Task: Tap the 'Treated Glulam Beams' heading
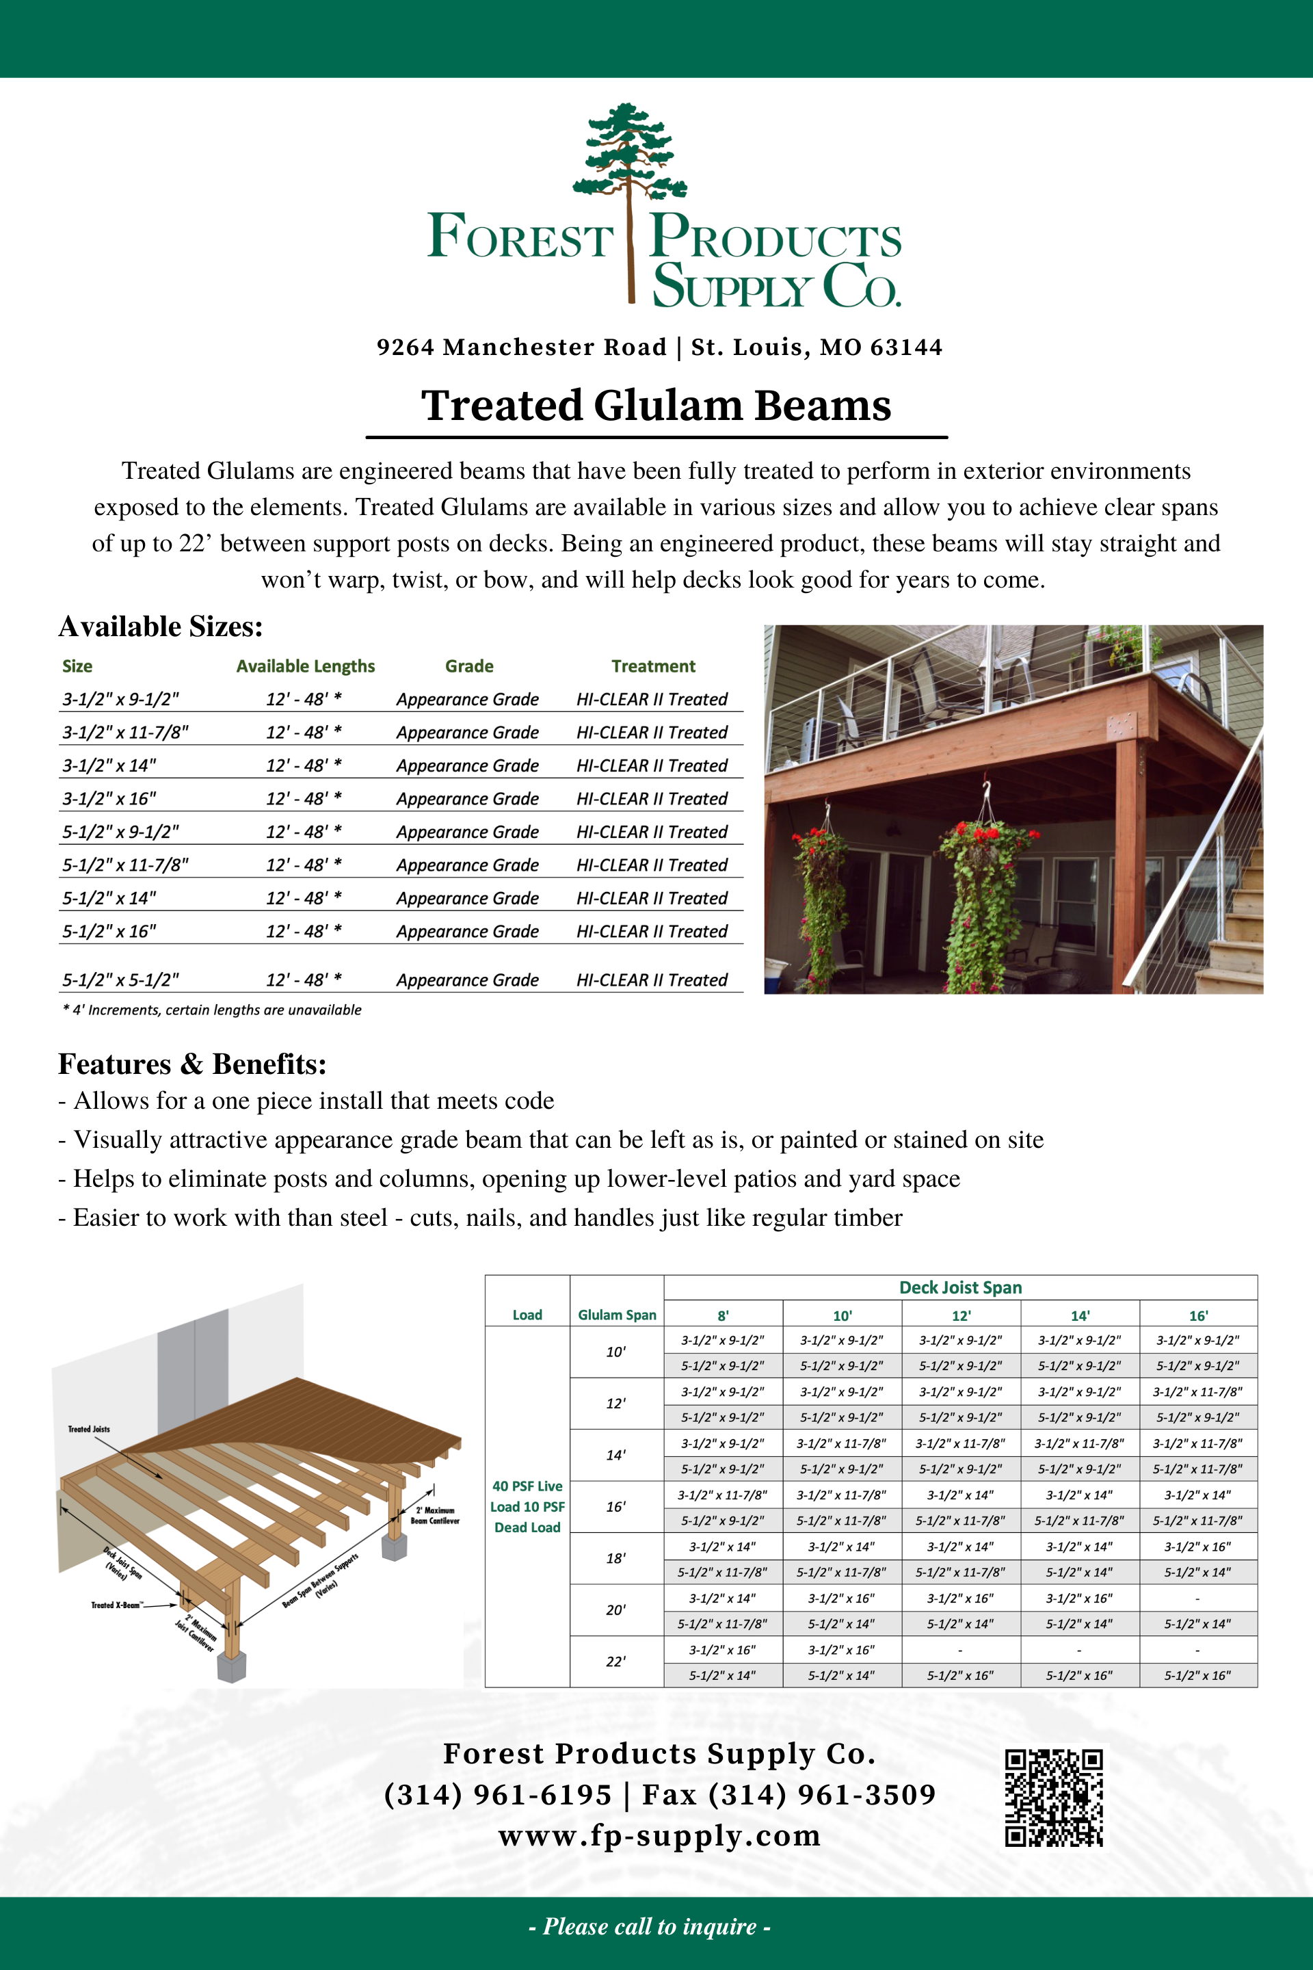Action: click(656, 406)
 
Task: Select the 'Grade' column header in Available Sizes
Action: click(469, 666)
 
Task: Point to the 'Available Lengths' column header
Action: click(306, 666)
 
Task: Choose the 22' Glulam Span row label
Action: click(615, 1662)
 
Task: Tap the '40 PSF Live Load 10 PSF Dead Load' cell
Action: click(527, 1506)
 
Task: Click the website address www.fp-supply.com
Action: click(659, 1835)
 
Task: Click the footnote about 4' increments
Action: click(212, 1010)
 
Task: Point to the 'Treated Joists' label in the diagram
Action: click(89, 1429)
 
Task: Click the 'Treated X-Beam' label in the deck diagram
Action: click(116, 1605)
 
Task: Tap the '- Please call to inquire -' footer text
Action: click(650, 1926)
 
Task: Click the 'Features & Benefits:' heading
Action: click(191, 1064)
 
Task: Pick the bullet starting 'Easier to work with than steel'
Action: click(480, 1218)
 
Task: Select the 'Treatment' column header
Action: click(653, 666)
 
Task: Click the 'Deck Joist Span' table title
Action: click(960, 1287)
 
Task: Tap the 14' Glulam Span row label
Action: click(615, 1456)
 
